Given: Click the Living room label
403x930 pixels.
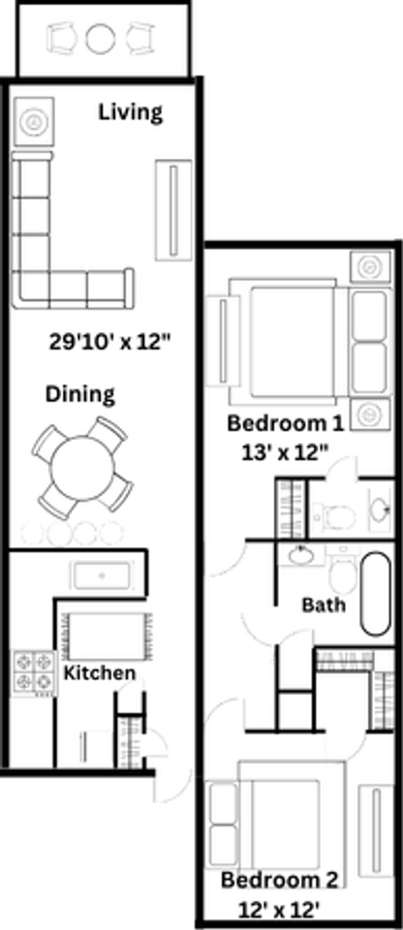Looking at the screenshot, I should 131,112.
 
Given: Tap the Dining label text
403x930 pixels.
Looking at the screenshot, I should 80,394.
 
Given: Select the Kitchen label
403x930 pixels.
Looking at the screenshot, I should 100,672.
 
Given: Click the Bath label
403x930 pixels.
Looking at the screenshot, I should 323,605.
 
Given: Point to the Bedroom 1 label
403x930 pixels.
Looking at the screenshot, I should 285,423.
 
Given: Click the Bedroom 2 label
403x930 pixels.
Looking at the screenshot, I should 280,881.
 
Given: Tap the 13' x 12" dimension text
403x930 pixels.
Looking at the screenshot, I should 285,450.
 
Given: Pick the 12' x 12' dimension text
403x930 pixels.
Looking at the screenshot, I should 279,909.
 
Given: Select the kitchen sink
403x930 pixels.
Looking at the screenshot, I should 102,574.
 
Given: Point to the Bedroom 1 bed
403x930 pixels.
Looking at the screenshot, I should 291,338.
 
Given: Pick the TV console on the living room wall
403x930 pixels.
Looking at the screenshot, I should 174,207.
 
